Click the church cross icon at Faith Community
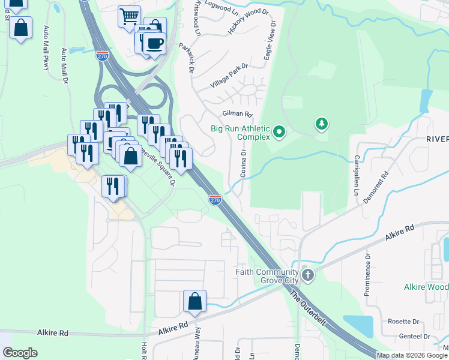pos(307,275)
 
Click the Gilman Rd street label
pos(238,113)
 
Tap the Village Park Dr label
pos(229,77)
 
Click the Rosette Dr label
pos(403,321)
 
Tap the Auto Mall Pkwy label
pos(46,48)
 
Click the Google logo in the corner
pos(20,353)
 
